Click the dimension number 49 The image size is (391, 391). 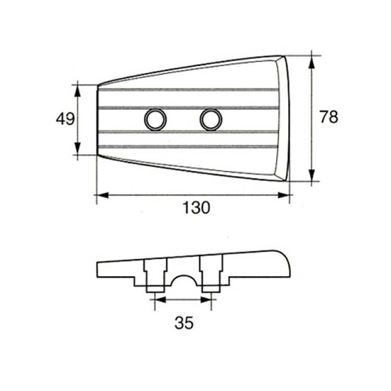tap(65, 119)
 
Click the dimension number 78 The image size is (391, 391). tap(329, 117)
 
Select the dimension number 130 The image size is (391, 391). tap(197, 207)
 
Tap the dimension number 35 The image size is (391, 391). tap(184, 323)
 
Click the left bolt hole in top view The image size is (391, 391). tap(155, 119)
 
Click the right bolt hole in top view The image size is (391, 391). tap(211, 119)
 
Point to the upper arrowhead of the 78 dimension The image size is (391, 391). tap(311, 62)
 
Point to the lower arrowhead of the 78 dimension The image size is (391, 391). tap(311, 175)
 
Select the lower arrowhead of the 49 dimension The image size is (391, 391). tap(78, 149)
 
